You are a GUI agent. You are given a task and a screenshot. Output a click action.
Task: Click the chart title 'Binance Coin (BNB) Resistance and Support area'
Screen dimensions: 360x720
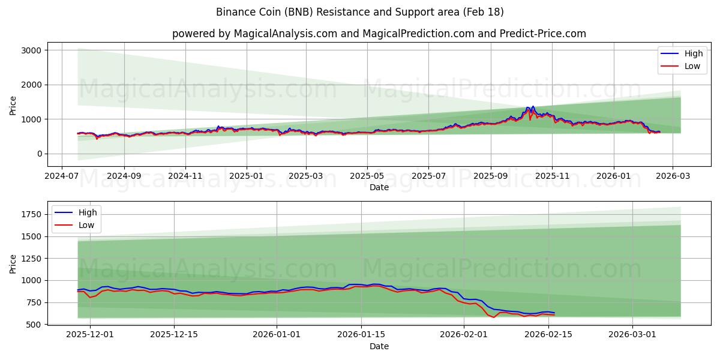359,12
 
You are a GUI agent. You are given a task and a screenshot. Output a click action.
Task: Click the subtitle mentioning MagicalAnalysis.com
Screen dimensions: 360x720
379,34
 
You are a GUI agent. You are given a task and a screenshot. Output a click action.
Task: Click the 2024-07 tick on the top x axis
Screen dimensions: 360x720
62,177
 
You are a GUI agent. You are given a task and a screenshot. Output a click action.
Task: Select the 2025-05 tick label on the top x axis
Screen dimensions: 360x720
367,177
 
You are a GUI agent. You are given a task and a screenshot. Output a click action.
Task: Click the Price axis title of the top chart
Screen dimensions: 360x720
13,105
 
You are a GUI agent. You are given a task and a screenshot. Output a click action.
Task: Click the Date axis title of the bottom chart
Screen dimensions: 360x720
379,346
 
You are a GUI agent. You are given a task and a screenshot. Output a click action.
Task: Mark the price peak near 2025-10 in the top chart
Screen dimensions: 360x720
533,107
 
